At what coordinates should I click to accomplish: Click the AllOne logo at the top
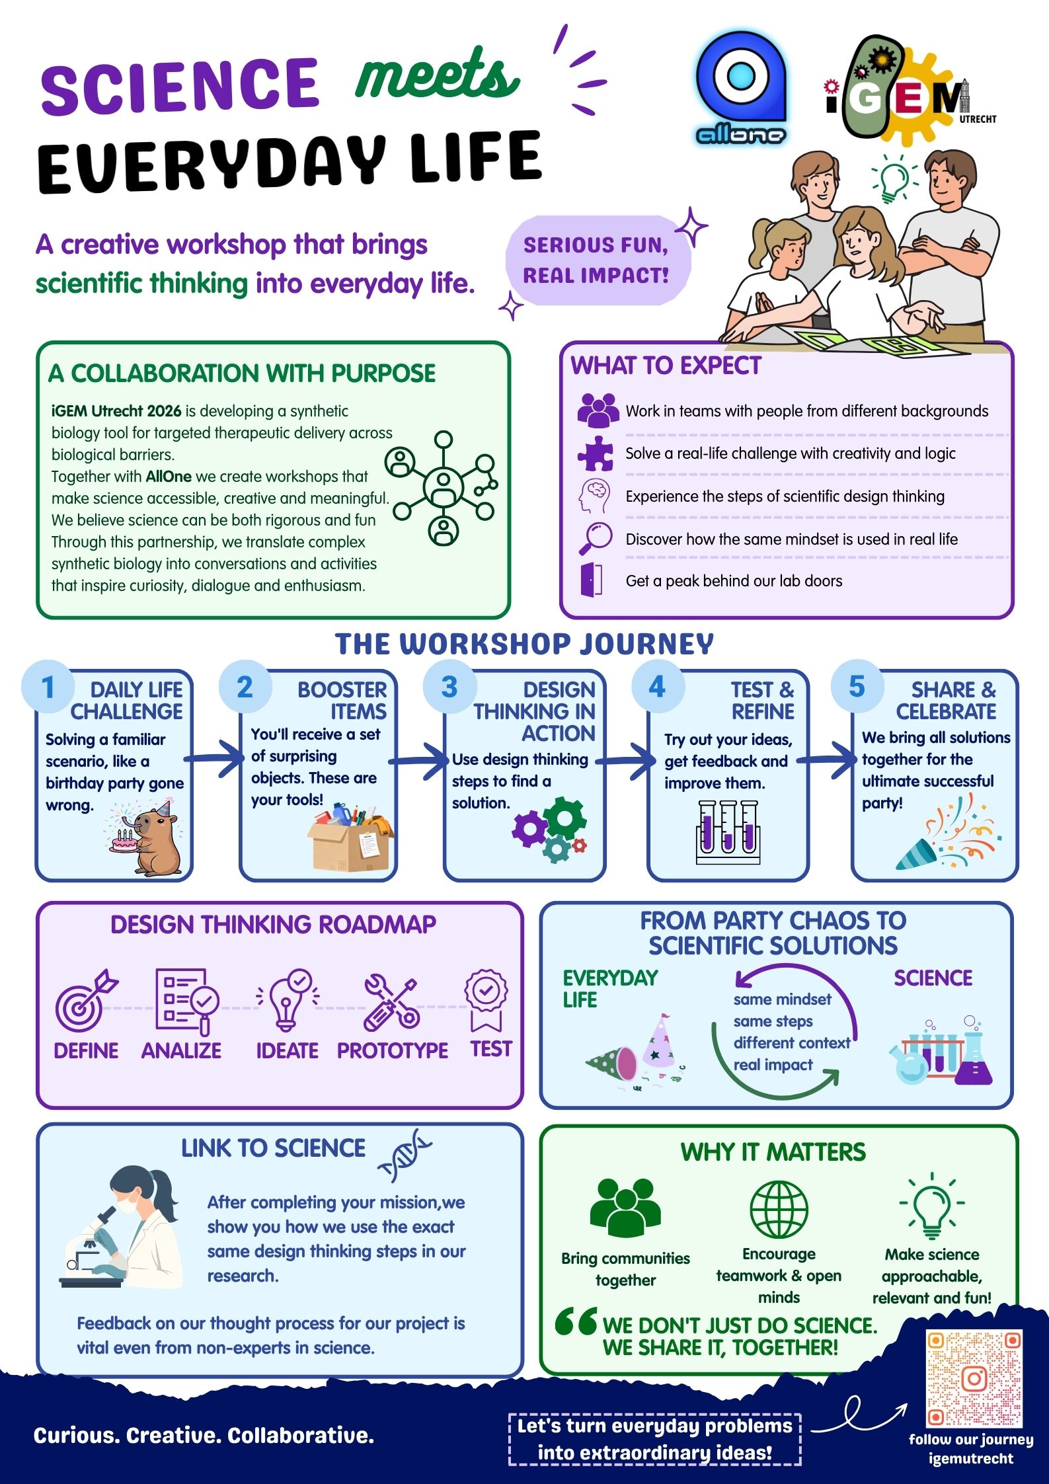click(741, 89)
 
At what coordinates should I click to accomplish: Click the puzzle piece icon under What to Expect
click(596, 453)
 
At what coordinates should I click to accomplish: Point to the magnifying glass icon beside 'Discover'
click(596, 538)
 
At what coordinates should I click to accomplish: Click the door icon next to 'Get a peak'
click(591, 580)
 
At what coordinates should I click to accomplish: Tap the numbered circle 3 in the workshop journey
click(449, 687)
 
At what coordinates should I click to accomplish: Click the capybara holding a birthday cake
click(146, 836)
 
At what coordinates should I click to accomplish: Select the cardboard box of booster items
click(351, 836)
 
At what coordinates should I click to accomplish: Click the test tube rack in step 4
click(728, 832)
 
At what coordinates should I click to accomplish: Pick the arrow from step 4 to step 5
click(827, 760)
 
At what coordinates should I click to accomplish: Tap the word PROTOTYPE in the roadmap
click(393, 1050)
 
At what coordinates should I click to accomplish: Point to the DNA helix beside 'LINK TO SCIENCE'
click(403, 1155)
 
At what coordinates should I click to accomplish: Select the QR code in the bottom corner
click(974, 1379)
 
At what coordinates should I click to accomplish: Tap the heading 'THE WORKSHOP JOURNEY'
click(524, 644)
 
